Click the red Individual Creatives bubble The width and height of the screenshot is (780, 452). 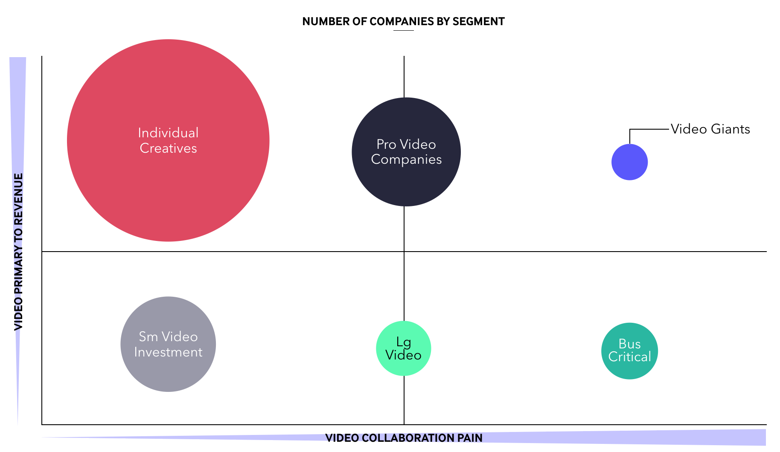pos(168,140)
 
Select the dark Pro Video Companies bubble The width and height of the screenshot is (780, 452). pos(406,152)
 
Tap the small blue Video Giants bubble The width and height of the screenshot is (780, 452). pos(629,162)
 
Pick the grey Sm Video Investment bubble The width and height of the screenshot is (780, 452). pos(168,344)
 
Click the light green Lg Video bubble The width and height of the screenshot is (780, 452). pos(403,348)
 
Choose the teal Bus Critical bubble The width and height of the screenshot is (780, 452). pos(629,351)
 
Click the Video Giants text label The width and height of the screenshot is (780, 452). pos(710,129)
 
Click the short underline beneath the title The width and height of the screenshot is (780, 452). pos(403,30)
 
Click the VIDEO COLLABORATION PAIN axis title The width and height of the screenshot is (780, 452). pos(404,438)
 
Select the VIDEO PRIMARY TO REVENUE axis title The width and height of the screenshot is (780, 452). pos(18,252)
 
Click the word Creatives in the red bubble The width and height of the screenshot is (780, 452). pos(168,148)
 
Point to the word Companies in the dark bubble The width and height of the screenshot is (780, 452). pos(406,159)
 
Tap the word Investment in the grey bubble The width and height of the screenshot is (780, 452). pos(168,352)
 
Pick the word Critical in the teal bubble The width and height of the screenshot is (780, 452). pos(629,356)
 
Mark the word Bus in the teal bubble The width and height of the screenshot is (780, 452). pos(629,344)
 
